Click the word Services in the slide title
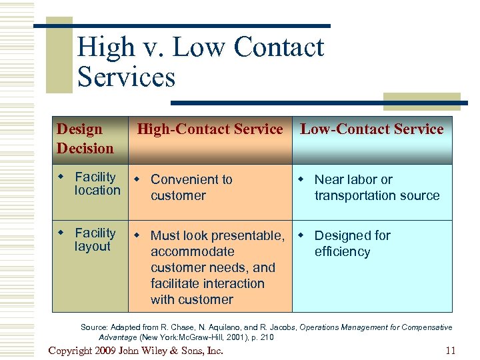(x=126, y=77)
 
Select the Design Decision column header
(x=85, y=139)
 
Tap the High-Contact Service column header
(x=210, y=129)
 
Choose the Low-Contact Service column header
(x=371, y=129)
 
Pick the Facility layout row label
(x=94, y=240)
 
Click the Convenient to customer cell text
(x=191, y=187)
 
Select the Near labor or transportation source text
(x=377, y=187)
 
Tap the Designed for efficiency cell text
(x=352, y=243)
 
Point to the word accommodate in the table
(x=193, y=252)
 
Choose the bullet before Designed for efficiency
(x=301, y=236)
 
